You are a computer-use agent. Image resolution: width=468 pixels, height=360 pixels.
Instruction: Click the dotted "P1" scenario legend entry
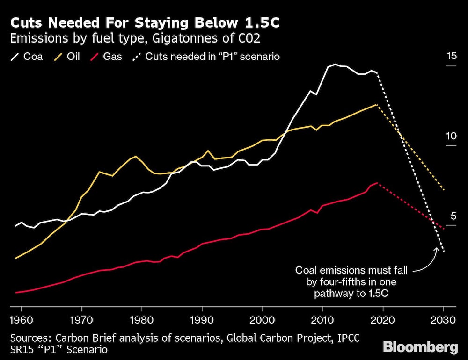click(206, 57)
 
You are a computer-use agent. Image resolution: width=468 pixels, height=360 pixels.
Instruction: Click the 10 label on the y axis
click(451, 137)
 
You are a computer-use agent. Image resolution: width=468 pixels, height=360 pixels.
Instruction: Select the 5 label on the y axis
click(453, 216)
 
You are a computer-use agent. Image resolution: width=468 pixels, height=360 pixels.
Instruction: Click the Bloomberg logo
click(420, 347)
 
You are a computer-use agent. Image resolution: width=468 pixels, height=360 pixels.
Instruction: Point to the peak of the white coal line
click(335, 65)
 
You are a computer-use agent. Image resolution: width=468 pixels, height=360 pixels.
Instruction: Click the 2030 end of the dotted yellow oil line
click(443, 189)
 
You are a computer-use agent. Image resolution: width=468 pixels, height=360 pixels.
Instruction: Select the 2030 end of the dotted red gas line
click(443, 229)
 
